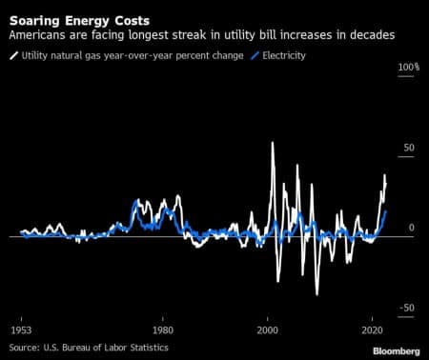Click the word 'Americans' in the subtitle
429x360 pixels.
click(37, 34)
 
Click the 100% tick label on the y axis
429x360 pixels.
click(408, 69)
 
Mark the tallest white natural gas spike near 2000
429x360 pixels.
click(273, 143)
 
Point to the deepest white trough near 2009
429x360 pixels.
click(317, 294)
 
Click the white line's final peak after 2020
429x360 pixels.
click(385, 175)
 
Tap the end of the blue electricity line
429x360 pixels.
click(386, 210)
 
